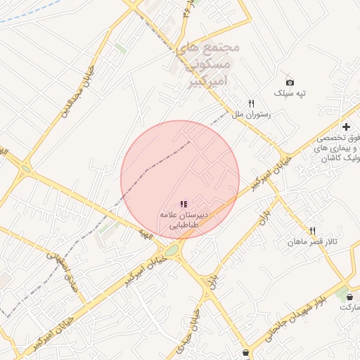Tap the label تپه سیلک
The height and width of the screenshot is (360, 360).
(290, 94)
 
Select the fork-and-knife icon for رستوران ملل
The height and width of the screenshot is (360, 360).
(251, 103)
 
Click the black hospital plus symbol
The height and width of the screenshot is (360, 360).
(346, 127)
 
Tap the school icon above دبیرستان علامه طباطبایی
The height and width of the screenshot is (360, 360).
(184, 204)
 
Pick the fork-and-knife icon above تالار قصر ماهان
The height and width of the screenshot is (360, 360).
(312, 231)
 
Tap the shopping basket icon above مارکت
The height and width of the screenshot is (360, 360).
(350, 297)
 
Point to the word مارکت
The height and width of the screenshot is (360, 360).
(349, 308)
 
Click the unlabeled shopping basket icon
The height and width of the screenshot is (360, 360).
(245, 352)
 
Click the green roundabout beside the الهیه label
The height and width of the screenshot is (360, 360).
(171, 250)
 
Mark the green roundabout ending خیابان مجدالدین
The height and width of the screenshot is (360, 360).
(26, 169)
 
